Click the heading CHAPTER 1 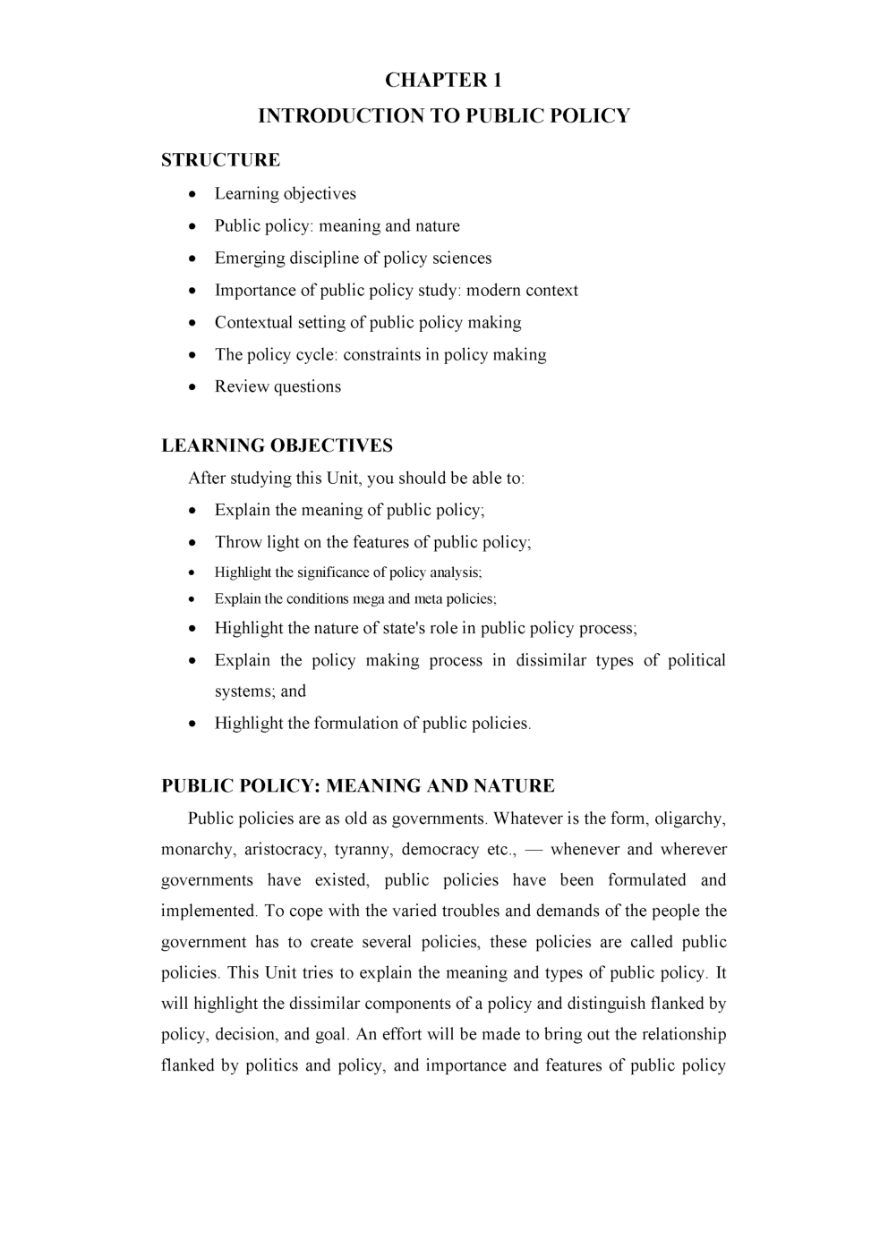[443, 81]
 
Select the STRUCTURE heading [220, 160]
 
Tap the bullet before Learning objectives [194, 195]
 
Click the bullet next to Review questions [194, 388]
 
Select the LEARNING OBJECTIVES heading [277, 445]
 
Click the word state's [403, 629]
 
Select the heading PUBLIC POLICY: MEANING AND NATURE [357, 786]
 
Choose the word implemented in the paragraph [208, 912]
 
